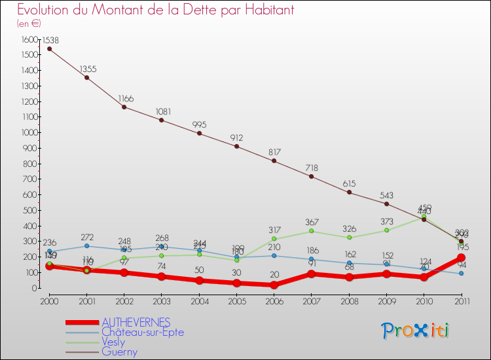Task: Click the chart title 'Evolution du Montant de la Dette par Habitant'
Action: tap(155, 10)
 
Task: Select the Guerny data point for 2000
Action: tap(49, 48)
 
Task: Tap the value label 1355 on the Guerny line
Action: tap(88, 69)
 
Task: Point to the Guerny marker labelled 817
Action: tap(274, 161)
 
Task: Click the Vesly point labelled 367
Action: tap(312, 231)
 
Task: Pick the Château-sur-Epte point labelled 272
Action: tap(87, 245)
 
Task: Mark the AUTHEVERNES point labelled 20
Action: tap(274, 285)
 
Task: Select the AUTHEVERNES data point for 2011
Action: tap(462, 258)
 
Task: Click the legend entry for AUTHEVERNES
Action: tap(136, 322)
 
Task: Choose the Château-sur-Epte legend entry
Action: tap(143, 332)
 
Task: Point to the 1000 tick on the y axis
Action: tap(29, 133)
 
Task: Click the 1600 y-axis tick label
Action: tap(29, 39)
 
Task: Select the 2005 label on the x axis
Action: tap(236, 301)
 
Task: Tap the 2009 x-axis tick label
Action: tap(386, 301)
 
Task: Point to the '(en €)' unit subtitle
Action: tap(29, 24)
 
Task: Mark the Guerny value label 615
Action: tap(350, 184)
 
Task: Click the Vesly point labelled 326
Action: tap(349, 237)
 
